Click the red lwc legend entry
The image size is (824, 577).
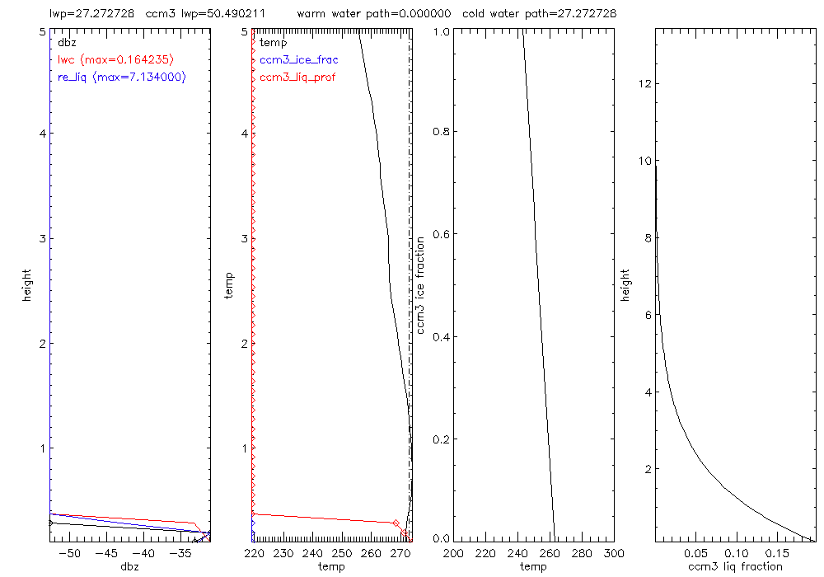point(115,59)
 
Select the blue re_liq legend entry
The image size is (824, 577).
point(121,77)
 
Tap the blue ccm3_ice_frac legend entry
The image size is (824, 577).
point(298,59)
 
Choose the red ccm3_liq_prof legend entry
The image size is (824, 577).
point(297,77)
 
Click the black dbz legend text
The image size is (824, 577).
point(66,42)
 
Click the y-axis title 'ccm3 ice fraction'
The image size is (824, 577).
point(421,284)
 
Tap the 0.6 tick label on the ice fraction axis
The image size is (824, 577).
point(442,235)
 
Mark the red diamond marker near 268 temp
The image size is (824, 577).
point(396,523)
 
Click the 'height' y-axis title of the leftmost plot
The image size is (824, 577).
point(27,284)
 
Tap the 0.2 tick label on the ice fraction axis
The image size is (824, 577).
point(442,439)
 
